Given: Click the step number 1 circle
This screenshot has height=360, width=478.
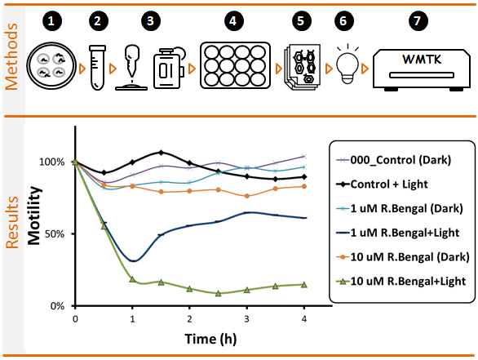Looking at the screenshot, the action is click(x=51, y=21).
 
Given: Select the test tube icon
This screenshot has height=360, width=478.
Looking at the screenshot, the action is click(x=98, y=68).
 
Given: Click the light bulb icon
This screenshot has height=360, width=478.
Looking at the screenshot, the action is click(x=347, y=64).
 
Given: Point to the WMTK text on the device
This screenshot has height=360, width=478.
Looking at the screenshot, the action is click(x=422, y=60).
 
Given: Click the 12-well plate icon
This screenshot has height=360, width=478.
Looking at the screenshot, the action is click(x=235, y=65).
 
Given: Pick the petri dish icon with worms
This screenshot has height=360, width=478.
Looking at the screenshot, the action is click(x=51, y=65).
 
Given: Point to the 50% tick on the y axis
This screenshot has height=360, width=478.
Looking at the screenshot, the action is click(x=73, y=234).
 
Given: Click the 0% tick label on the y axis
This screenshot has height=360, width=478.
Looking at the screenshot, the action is click(x=57, y=305).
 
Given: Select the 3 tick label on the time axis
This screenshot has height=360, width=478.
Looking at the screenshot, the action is click(x=246, y=319).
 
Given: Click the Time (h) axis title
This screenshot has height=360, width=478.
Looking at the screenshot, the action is click(x=210, y=339).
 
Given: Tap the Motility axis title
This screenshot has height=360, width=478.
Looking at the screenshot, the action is click(x=34, y=216).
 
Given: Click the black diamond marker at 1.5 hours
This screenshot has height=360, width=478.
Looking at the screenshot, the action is click(x=161, y=152).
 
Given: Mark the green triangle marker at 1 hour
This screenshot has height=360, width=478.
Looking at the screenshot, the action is click(x=132, y=279).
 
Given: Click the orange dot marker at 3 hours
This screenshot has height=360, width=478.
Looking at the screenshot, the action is click(x=247, y=196).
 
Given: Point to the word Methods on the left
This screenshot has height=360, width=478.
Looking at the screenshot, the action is click(x=11, y=56).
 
